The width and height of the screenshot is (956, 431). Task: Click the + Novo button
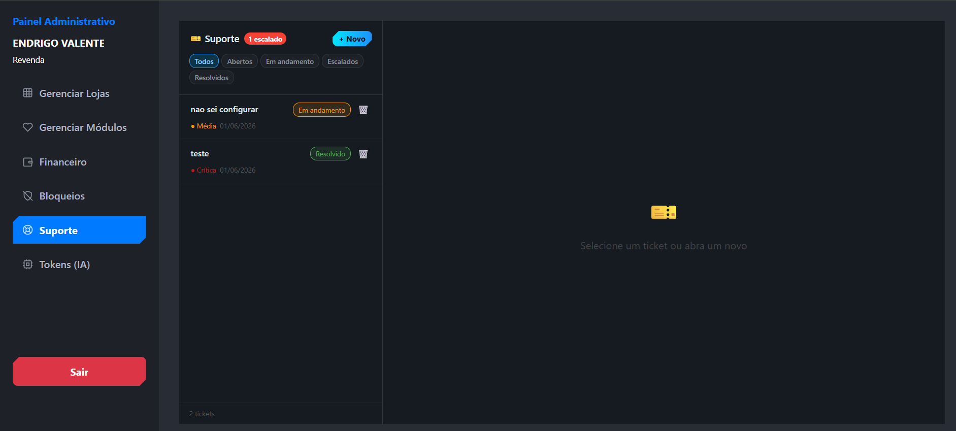pos(352,39)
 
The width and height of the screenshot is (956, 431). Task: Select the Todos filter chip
pos(204,61)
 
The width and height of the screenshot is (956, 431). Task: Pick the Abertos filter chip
pos(240,61)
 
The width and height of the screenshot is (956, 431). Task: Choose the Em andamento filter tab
pos(290,61)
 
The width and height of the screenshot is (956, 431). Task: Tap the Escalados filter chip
pos(343,61)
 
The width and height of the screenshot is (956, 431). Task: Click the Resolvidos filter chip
pos(212,78)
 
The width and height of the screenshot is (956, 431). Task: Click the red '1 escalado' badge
pos(265,39)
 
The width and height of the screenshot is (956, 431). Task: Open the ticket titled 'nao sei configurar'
pos(224,110)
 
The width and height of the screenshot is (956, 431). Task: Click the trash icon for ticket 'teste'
pos(363,154)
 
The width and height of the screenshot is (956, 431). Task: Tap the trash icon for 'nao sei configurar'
pos(363,110)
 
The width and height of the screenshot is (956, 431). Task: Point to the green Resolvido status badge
pos(331,154)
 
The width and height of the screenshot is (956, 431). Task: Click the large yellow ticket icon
pos(664,212)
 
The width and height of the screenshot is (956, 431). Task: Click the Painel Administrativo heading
pos(64,21)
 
